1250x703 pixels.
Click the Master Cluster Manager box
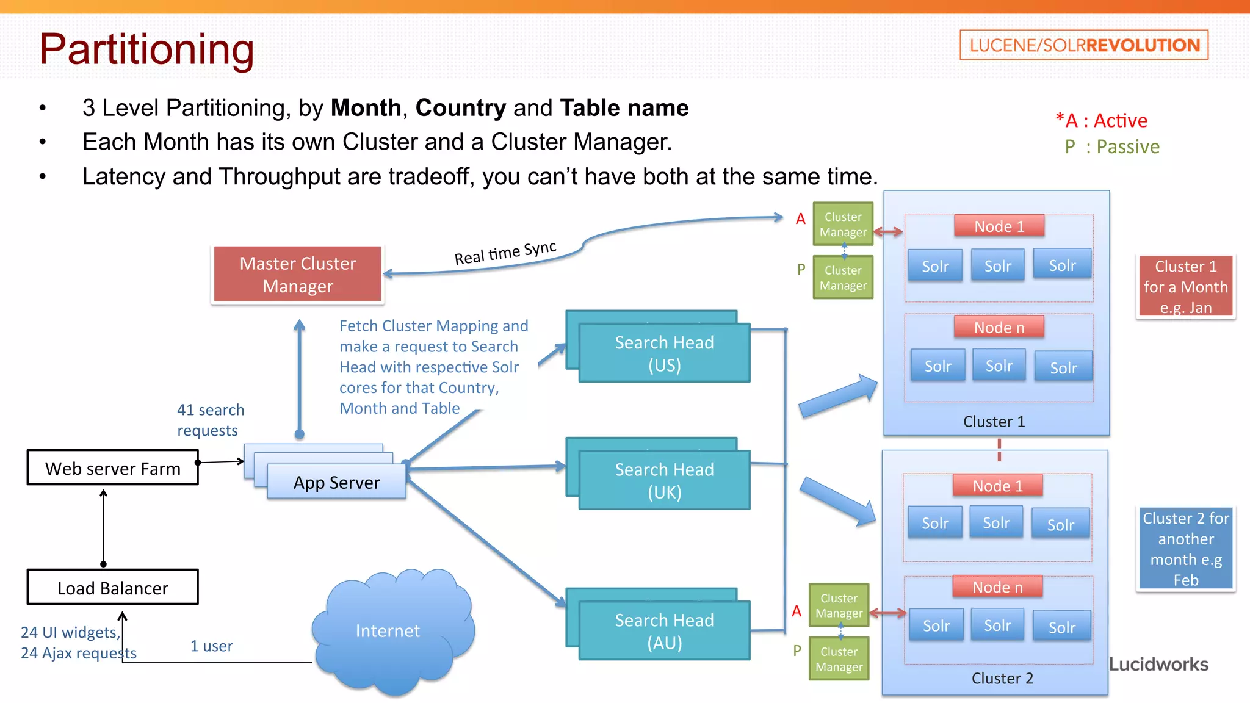click(297, 274)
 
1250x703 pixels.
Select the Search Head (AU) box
click(663, 630)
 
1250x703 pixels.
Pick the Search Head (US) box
click(663, 353)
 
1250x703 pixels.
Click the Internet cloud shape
click(389, 630)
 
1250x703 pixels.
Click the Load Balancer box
click(112, 587)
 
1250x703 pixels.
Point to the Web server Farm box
click(112, 467)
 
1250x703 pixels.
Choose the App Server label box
click(336, 482)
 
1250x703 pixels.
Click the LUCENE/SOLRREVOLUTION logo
click(1083, 45)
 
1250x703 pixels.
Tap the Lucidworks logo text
click(1158, 664)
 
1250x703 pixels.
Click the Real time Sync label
click(505, 252)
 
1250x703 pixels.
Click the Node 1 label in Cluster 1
click(999, 226)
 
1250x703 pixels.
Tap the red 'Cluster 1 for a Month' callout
click(1185, 286)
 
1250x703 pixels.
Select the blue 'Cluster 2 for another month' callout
click(1185, 548)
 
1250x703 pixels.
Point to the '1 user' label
click(211, 646)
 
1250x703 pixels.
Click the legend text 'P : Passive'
click(1111, 146)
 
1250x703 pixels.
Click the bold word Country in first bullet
click(460, 108)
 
